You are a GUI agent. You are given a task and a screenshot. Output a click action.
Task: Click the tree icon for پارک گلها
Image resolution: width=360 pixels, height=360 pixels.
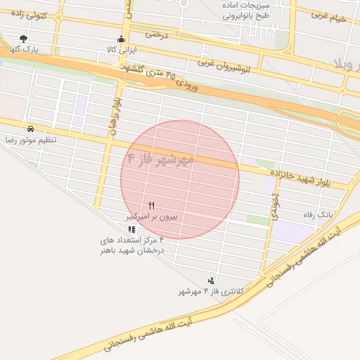25,39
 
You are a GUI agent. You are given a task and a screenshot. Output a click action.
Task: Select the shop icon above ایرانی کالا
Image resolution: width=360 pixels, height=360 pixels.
122,39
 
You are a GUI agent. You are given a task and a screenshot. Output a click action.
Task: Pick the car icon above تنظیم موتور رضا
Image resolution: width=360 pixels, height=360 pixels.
31,129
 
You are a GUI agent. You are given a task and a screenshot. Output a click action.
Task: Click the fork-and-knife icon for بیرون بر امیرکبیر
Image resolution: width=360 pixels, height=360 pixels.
151,205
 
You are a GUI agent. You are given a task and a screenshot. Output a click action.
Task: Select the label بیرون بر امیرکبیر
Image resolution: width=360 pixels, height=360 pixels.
151,217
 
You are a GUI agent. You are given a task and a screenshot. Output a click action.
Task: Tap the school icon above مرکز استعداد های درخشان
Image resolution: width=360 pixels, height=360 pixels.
131,229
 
